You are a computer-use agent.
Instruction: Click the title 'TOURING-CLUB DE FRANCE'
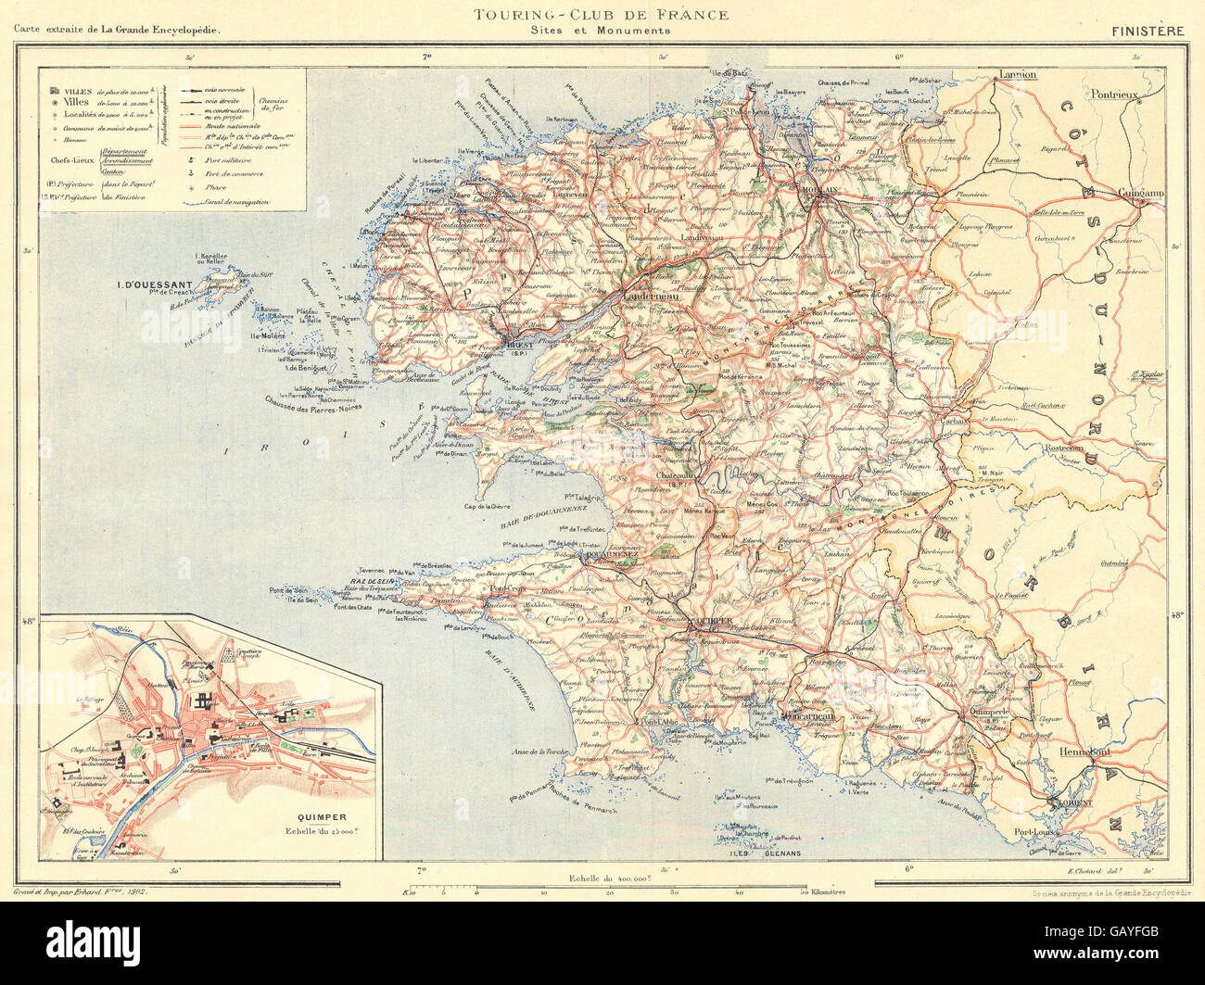[601, 14]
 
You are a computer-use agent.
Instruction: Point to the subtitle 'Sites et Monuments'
[601, 31]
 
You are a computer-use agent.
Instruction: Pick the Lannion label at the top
[1017, 74]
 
